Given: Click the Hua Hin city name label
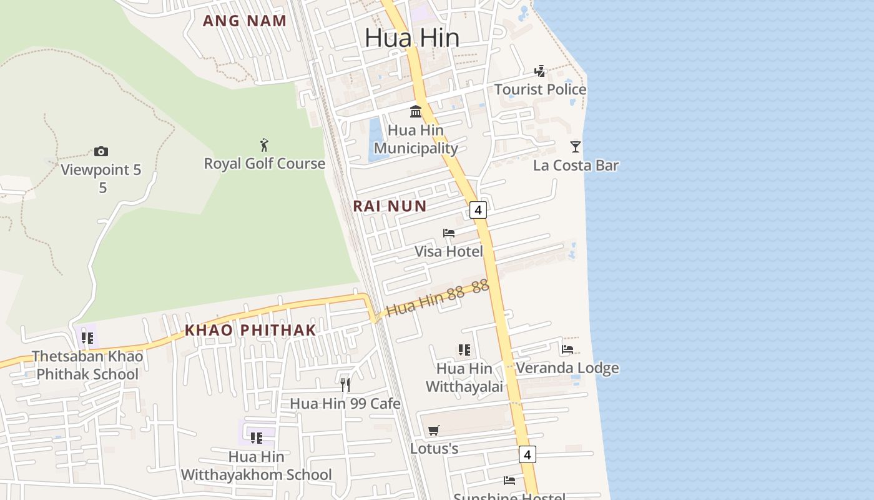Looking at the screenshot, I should (412, 37).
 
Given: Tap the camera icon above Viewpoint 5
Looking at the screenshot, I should (101, 151).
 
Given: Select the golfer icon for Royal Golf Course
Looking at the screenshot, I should (264, 145).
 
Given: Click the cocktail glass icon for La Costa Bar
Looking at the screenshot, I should (576, 147).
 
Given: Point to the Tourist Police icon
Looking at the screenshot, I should (540, 71).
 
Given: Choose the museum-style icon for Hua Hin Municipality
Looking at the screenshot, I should (416, 112).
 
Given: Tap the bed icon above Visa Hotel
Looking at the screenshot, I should (449, 233).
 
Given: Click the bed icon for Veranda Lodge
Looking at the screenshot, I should (567, 349).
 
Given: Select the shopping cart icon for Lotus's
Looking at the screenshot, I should (434, 430).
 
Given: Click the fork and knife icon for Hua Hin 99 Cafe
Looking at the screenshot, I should (345, 384).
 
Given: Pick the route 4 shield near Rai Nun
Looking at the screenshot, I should (478, 210).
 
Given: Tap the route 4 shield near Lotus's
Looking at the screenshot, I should (528, 454).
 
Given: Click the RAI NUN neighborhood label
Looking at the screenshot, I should (390, 206).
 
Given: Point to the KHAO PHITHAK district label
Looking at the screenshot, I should (250, 330).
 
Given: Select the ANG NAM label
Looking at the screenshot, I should (245, 21).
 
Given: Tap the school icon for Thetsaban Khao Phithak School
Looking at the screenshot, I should (87, 338).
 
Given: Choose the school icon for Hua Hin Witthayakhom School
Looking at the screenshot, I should (257, 437).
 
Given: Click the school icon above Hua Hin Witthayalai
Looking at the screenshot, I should (464, 350).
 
